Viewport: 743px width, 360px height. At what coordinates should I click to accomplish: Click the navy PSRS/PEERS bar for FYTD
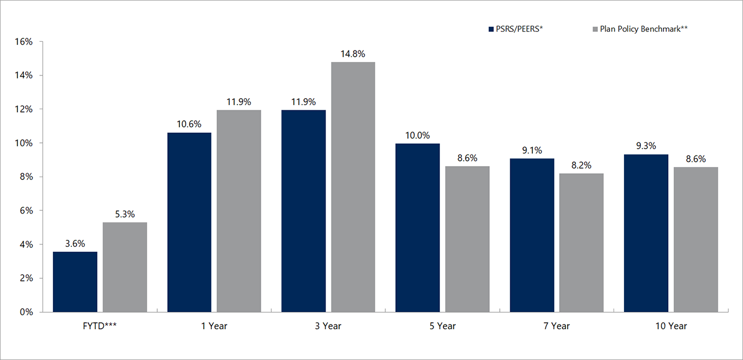[x=75, y=282]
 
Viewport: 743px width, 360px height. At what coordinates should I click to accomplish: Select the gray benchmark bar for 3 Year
[x=353, y=187]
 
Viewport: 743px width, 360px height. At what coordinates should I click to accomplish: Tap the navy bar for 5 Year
[x=417, y=228]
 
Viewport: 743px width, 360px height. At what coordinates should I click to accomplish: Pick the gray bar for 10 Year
[x=695, y=239]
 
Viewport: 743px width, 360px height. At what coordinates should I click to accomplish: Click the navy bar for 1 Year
[x=189, y=222]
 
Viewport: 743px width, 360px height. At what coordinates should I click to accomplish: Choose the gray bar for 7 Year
[x=581, y=243]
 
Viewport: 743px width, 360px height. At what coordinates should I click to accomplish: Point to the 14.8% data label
[x=353, y=54]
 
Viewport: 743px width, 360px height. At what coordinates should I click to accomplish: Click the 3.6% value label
[x=75, y=244]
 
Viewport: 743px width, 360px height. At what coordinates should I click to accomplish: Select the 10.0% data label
[x=417, y=135]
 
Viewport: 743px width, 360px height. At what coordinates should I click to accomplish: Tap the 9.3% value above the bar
[x=645, y=146]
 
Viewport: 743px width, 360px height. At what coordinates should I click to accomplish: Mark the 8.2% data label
[x=581, y=165]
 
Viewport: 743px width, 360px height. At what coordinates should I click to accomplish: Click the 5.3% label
[x=124, y=214]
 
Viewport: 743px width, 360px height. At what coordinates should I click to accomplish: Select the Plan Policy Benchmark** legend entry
[x=639, y=28]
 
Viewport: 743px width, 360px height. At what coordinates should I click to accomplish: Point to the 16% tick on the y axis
[x=24, y=42]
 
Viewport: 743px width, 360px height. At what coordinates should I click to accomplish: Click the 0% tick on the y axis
[x=27, y=312]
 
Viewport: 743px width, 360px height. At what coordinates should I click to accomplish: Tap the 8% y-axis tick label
[x=27, y=177]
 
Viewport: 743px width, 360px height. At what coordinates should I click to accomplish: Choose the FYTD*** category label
[x=99, y=326]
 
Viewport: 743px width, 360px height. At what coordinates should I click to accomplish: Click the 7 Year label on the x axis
[x=556, y=326]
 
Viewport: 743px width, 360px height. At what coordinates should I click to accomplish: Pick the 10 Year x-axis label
[x=670, y=326]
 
